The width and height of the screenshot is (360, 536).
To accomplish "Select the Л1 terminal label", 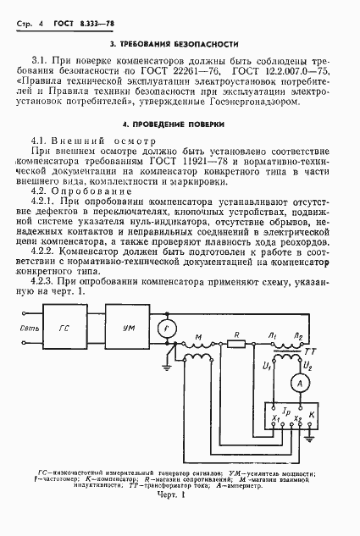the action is point(270,336).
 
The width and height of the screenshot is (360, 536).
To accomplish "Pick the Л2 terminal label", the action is point(296,336).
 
